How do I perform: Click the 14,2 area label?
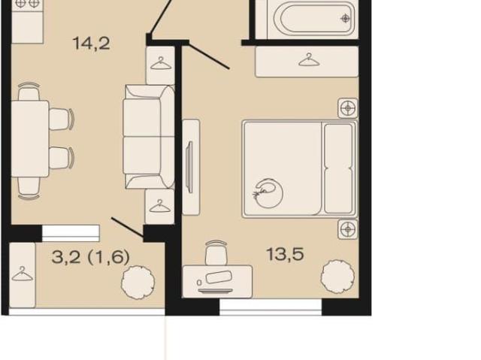click(92, 44)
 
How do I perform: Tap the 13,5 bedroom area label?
click(285, 254)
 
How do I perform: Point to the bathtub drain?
click(346, 19)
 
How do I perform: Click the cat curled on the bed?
click(268, 192)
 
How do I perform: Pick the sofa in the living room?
click(149, 137)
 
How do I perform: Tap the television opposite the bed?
click(189, 167)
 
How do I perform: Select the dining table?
click(30, 139)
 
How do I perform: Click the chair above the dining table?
click(29, 92)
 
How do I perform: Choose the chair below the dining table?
click(29, 187)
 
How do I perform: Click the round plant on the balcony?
click(138, 283)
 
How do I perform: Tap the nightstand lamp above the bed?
click(348, 108)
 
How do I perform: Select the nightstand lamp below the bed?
click(348, 229)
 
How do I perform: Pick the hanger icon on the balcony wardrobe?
click(22, 274)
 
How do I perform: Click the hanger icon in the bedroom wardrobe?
click(309, 60)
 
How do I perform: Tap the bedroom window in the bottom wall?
click(271, 307)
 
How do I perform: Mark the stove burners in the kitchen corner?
click(27, 4)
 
